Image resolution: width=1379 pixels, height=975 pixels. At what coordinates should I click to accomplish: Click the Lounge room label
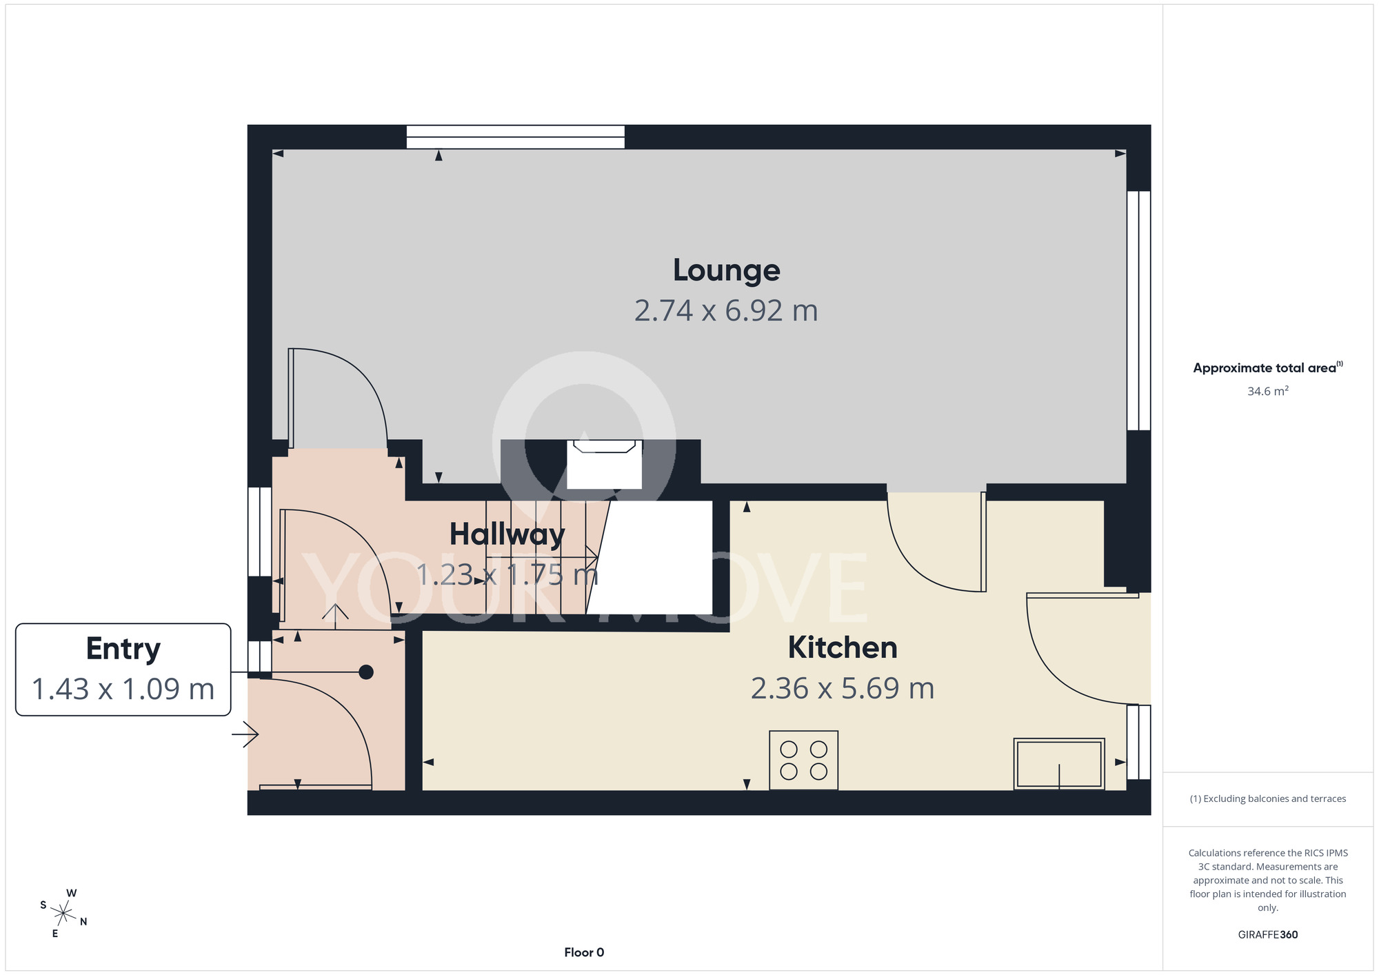(x=726, y=270)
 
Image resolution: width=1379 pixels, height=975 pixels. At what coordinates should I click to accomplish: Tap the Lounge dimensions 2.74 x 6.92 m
(x=726, y=310)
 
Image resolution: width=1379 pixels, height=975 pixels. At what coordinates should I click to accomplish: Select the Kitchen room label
(x=843, y=647)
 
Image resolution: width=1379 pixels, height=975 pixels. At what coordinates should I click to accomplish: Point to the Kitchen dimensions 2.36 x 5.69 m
(x=843, y=688)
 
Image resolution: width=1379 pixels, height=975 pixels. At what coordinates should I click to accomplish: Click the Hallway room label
(x=507, y=534)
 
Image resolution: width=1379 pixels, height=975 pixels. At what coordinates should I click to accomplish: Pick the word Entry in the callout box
(x=123, y=649)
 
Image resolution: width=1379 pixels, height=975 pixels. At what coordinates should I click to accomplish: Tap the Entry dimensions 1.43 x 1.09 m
(x=123, y=689)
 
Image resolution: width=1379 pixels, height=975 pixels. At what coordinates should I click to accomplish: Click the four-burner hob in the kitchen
(x=804, y=760)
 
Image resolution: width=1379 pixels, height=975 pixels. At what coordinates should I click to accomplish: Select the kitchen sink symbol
(x=1059, y=763)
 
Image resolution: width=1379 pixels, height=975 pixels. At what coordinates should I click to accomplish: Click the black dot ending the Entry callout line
(x=366, y=672)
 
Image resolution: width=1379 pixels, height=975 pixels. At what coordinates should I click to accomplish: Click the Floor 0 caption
(x=584, y=952)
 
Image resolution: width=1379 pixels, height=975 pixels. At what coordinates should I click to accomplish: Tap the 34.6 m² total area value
(x=1268, y=391)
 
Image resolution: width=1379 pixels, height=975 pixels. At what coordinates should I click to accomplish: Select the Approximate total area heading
(x=1268, y=368)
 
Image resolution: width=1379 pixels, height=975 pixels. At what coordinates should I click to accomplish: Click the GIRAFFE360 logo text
(x=1268, y=935)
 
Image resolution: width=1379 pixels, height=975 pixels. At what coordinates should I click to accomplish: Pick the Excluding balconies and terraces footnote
(x=1268, y=798)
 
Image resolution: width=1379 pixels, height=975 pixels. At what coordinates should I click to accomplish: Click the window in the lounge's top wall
(x=516, y=137)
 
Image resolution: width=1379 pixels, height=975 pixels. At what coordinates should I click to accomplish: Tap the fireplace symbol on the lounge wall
(x=605, y=463)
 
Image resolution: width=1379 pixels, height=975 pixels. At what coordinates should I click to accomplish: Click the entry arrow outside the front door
(x=245, y=735)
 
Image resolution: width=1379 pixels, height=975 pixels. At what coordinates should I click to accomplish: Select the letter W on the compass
(x=72, y=893)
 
